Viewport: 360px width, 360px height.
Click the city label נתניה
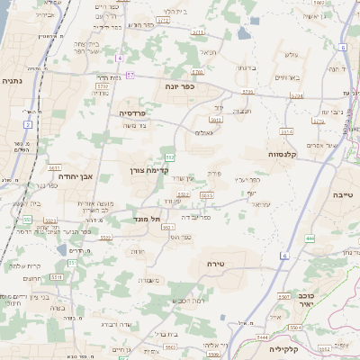[13, 80]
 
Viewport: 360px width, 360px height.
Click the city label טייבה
[343, 193]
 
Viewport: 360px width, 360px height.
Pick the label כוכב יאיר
[307, 299]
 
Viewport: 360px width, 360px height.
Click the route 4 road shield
[119, 58]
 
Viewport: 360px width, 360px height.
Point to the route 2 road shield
[29, 124]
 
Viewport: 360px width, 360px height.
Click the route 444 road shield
[310, 238]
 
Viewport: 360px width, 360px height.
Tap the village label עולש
[291, 56]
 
